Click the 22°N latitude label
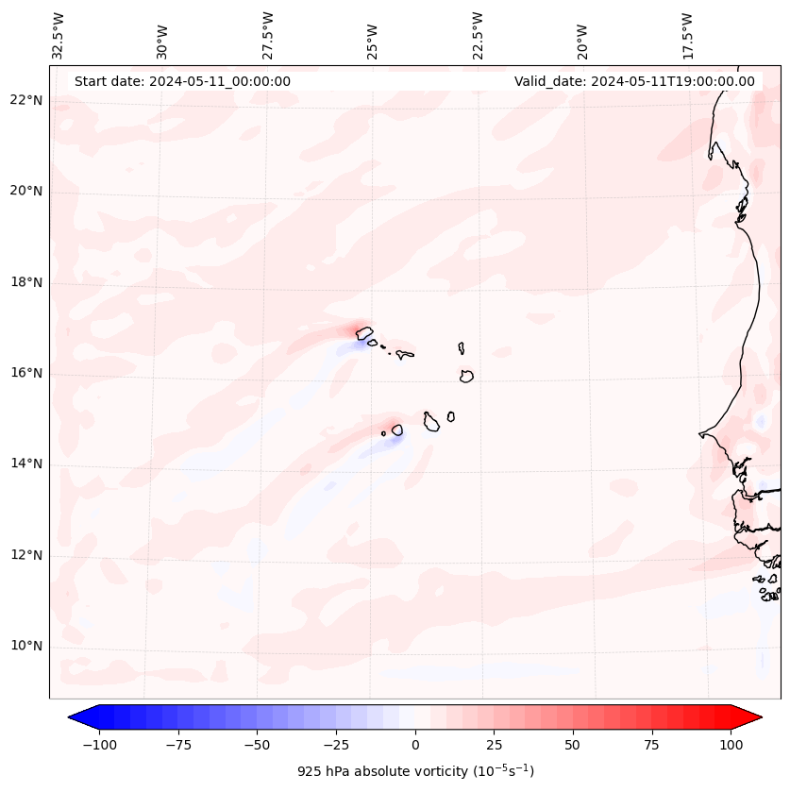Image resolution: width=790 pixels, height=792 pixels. [26, 100]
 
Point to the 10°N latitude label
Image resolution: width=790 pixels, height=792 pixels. [26, 646]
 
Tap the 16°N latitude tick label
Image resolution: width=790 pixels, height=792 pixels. [26, 373]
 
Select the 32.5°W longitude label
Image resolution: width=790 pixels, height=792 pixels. [59, 36]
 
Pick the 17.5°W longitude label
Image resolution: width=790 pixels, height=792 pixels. [687, 36]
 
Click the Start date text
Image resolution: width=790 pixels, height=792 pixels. [182, 81]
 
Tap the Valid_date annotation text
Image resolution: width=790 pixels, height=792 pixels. [634, 81]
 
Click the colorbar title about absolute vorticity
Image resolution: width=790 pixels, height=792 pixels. [415, 771]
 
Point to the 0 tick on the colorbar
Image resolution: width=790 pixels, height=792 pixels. [415, 745]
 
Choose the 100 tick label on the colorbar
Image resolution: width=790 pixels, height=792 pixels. [731, 745]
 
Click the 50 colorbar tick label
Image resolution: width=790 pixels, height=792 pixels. [573, 745]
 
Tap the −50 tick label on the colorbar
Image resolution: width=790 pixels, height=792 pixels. [257, 745]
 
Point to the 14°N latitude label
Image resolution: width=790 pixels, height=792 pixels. [26, 463]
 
